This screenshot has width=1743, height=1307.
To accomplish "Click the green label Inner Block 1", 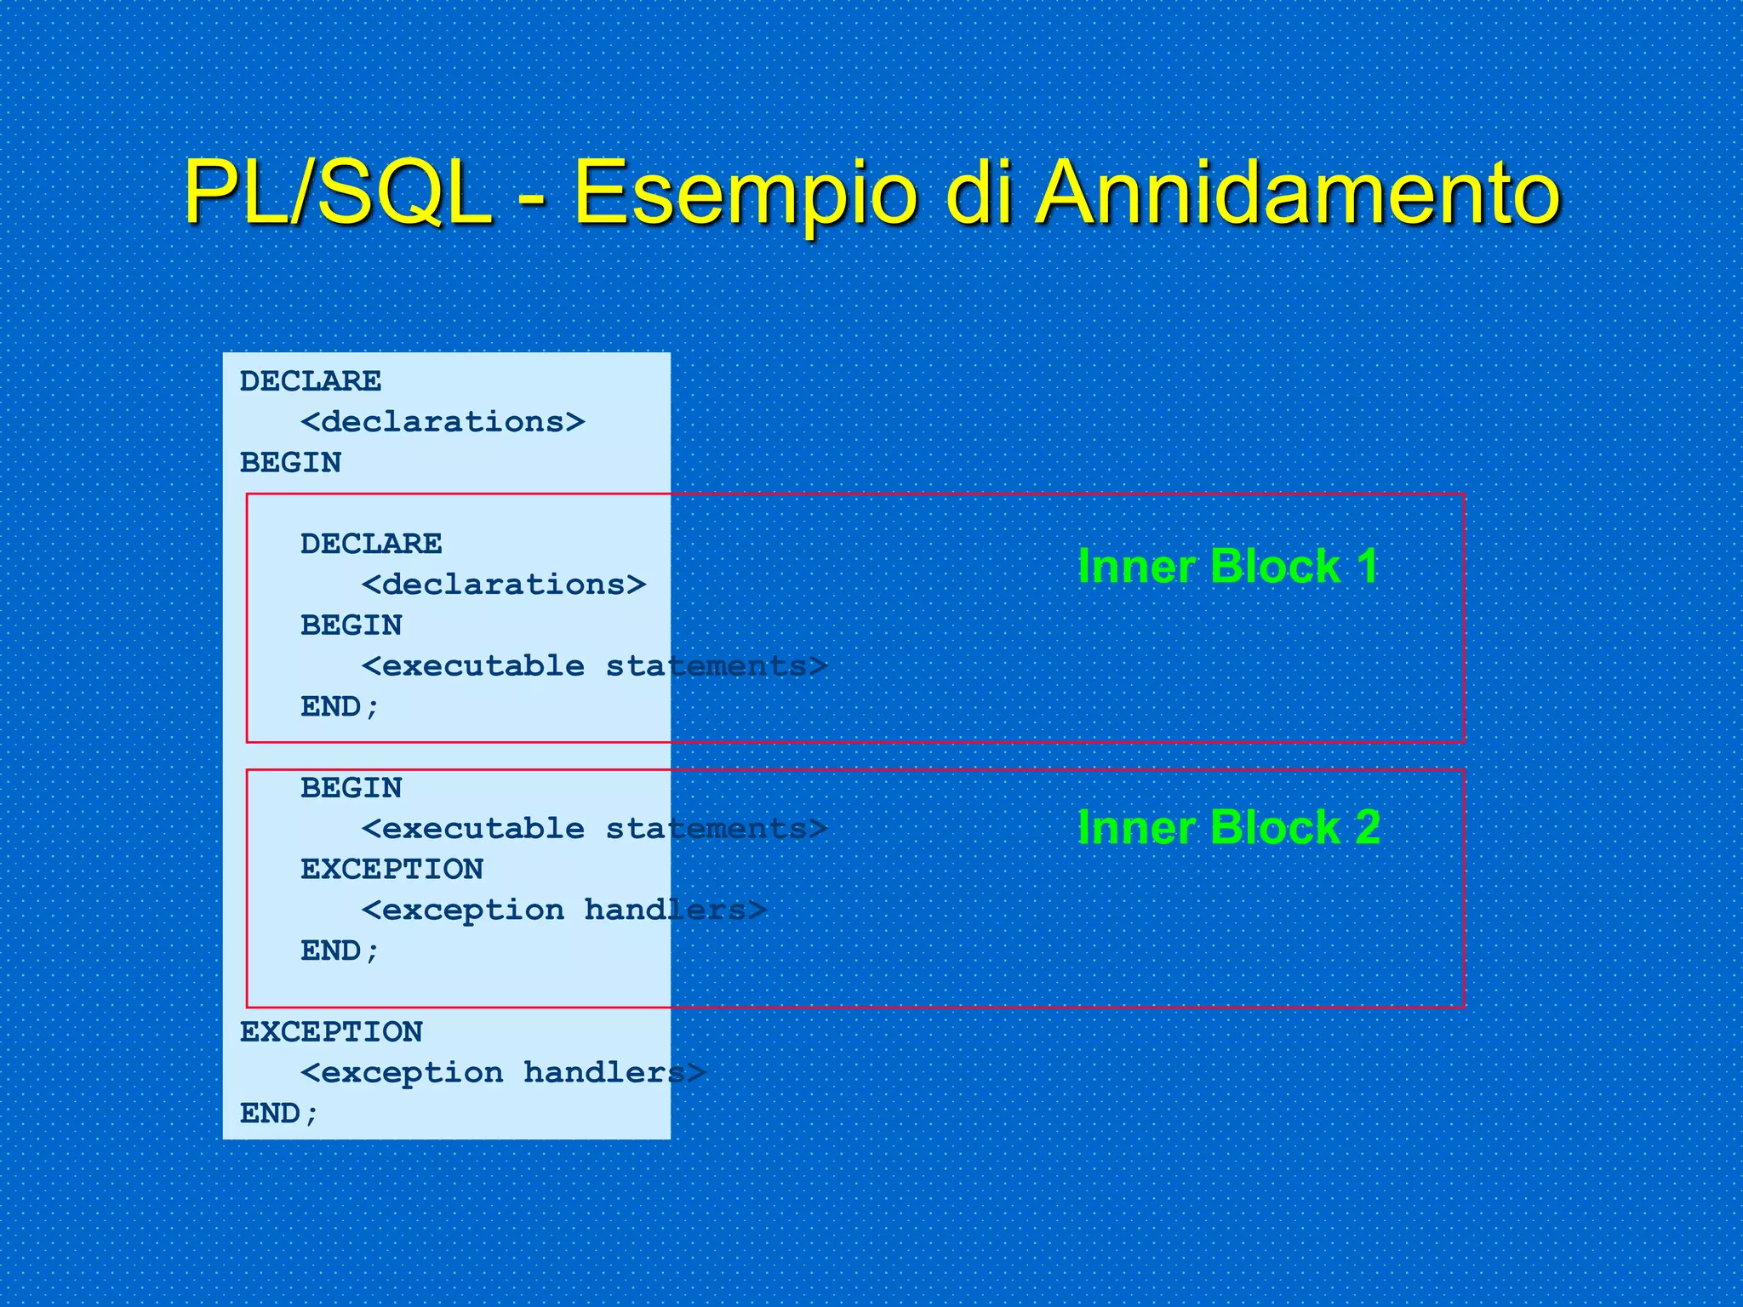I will click(1227, 567).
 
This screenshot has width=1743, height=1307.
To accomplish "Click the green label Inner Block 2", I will click(1228, 827).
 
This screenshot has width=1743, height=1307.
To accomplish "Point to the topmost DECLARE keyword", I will click(310, 381).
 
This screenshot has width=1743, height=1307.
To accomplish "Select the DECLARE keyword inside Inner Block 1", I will click(371, 544).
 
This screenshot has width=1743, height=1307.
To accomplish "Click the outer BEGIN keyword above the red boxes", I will click(290, 463).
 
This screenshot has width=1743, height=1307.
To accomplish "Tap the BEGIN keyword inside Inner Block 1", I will click(351, 625).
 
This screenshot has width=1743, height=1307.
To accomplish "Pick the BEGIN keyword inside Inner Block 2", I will click(351, 788).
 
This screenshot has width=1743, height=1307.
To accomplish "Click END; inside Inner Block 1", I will click(340, 707).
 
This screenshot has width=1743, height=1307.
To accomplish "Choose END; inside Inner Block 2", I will click(340, 951).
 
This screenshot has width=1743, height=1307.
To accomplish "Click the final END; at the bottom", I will click(279, 1114).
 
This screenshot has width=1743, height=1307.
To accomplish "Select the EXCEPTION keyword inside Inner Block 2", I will click(391, 870).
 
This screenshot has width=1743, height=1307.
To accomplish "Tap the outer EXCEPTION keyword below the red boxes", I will click(331, 1032).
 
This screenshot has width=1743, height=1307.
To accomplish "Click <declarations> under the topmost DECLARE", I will click(443, 422).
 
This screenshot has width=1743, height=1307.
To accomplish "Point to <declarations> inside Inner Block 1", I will click(503, 585).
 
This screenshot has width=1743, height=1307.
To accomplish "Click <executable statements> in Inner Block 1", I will click(594, 666).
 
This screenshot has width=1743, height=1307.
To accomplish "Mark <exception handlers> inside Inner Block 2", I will click(563, 910).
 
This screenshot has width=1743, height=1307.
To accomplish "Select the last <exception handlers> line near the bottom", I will click(503, 1073).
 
